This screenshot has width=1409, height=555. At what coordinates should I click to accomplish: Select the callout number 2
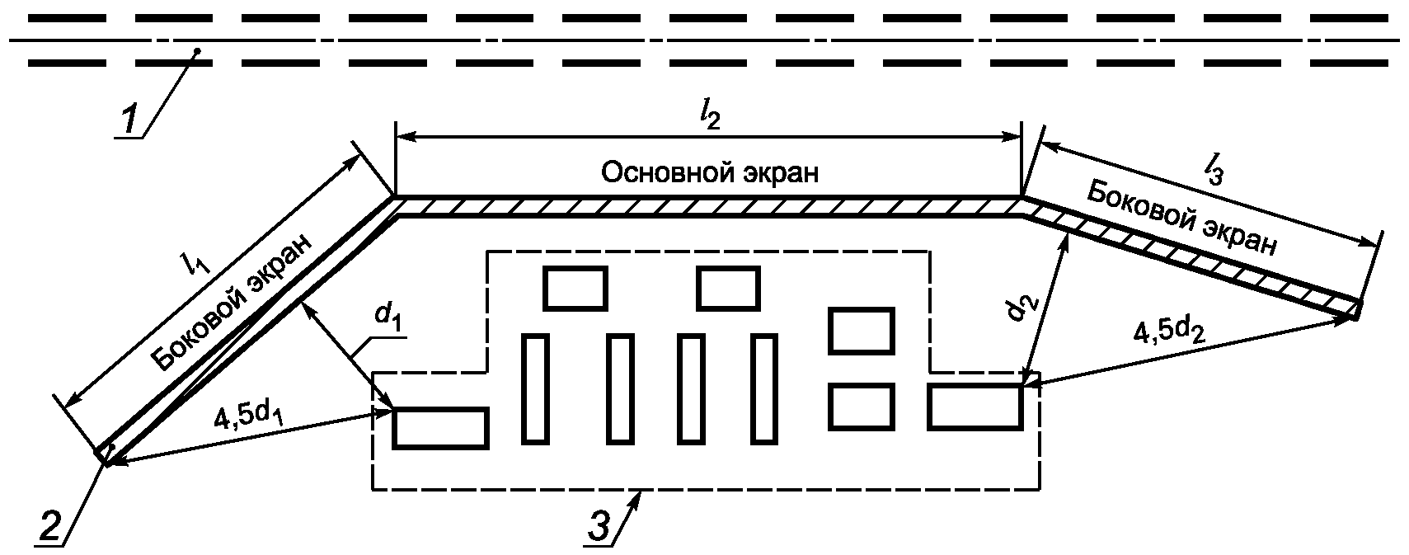pyautogui.click(x=49, y=524)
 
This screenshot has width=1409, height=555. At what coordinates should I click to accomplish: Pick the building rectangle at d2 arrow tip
pyautogui.click(x=975, y=407)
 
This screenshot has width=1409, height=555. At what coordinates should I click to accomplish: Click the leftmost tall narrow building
pyautogui.click(x=534, y=388)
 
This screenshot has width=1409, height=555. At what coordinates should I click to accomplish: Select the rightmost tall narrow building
pyautogui.click(x=764, y=388)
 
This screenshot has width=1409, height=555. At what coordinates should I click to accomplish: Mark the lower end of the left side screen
pyautogui.click(x=106, y=454)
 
